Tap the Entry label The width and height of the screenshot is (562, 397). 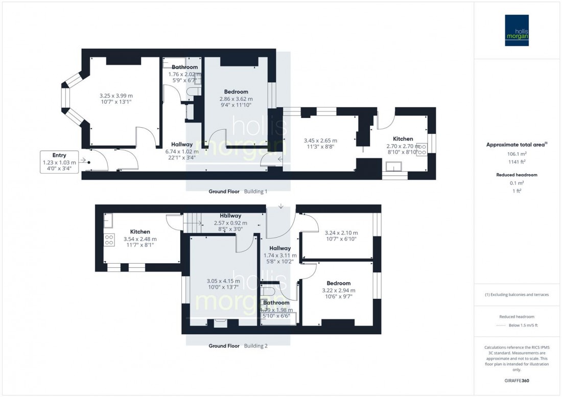[x=59, y=155]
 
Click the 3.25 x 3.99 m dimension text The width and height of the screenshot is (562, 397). [x=115, y=95]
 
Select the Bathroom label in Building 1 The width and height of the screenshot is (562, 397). [x=184, y=67]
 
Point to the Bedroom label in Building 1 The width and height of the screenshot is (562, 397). [x=236, y=92]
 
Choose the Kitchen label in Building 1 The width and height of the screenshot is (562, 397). [x=403, y=139]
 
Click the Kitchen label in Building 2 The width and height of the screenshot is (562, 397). [x=139, y=231]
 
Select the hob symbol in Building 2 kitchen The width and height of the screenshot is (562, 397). [x=109, y=240]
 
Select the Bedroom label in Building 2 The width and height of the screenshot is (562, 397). [x=339, y=283]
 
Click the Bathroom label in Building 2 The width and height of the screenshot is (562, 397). [x=276, y=302]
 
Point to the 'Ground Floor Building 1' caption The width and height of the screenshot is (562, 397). [x=238, y=192]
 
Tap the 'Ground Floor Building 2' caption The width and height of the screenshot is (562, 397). [x=238, y=346]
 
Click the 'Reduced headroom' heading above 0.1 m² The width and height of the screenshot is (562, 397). [x=517, y=175]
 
